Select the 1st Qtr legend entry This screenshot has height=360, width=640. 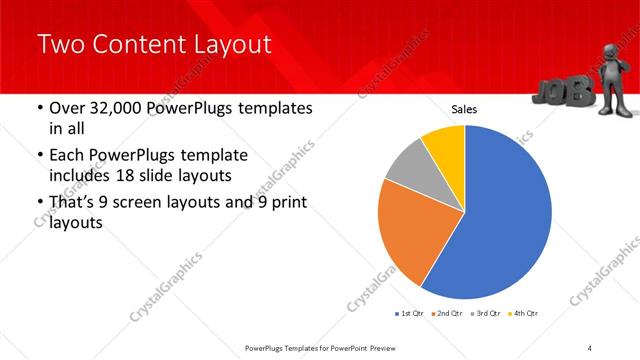pyautogui.click(x=410, y=314)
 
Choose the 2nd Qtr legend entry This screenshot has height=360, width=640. pyautogui.click(x=447, y=314)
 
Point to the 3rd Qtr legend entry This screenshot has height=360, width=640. pyautogui.click(x=485, y=314)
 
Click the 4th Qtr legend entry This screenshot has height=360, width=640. pyautogui.click(x=522, y=314)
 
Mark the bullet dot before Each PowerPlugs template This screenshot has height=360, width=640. pyautogui.click(x=39, y=156)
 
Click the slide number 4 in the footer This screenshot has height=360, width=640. pyautogui.click(x=590, y=348)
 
